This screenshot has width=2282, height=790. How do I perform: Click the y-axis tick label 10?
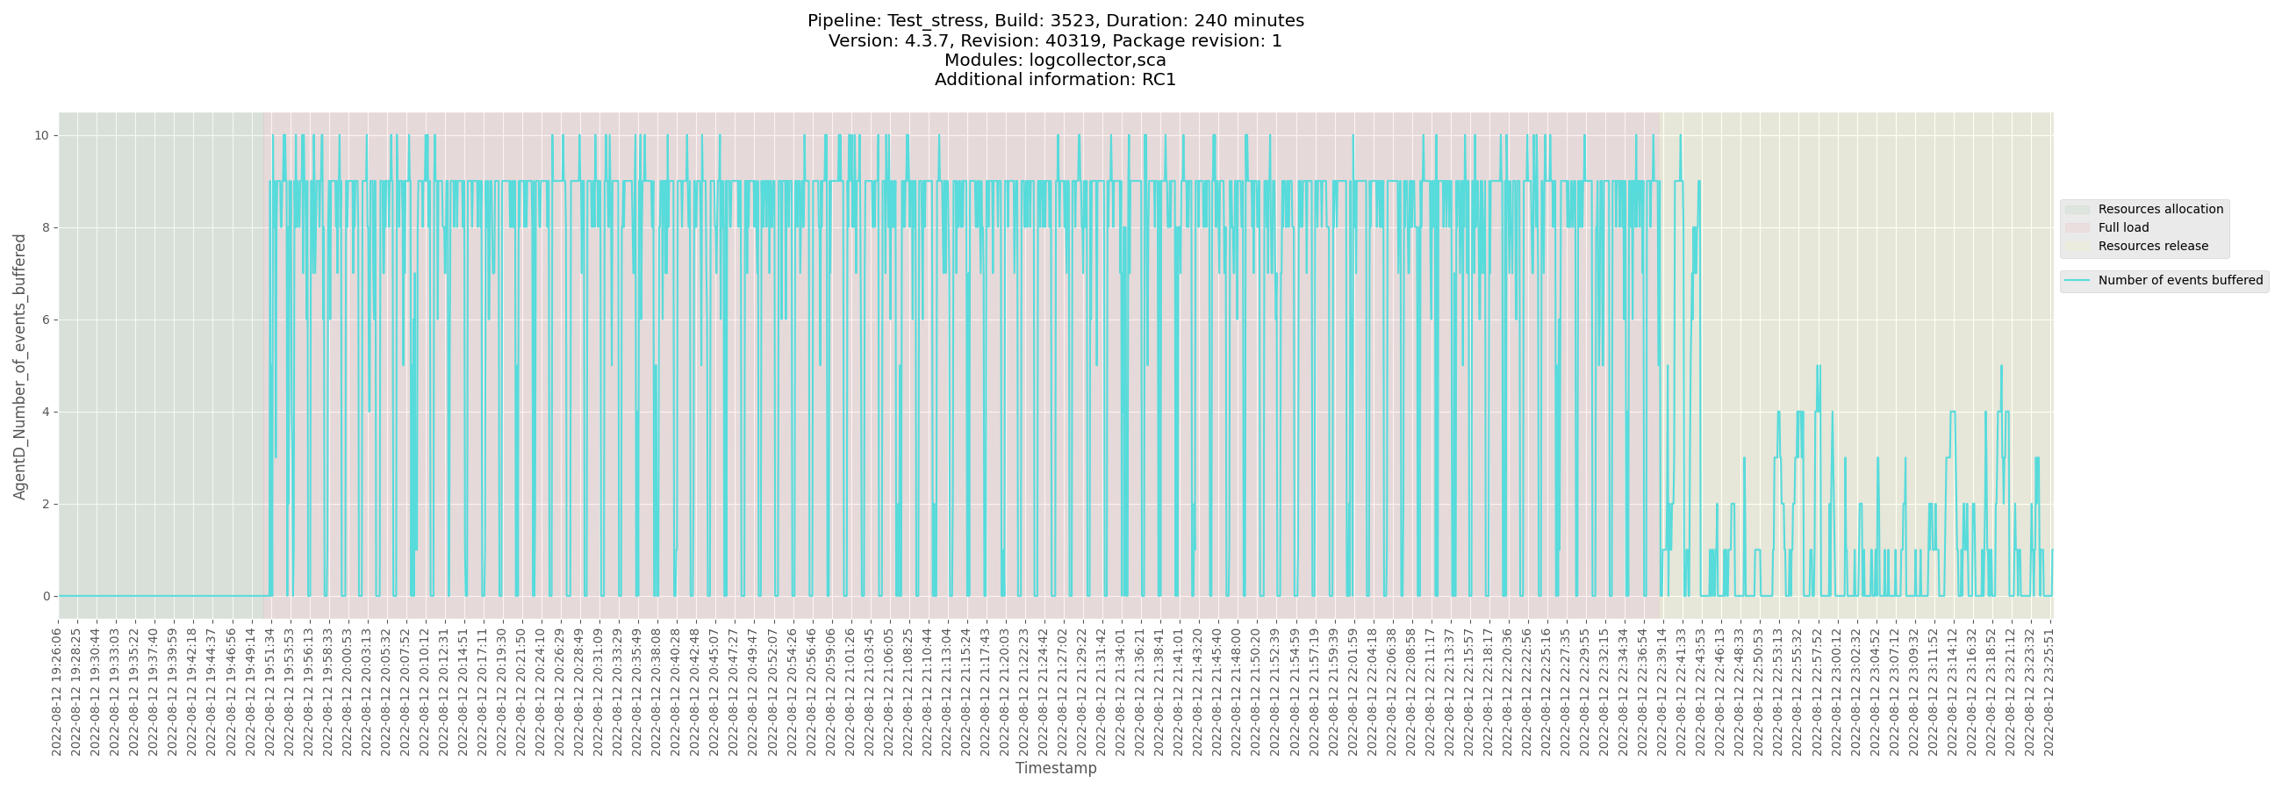coord(40,135)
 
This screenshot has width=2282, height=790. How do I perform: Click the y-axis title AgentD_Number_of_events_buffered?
coord(19,367)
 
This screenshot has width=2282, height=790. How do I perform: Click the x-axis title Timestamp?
coord(1055,768)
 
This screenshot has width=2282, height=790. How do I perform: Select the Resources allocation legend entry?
coord(2160,209)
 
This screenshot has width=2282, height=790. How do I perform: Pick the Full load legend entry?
coord(2122,227)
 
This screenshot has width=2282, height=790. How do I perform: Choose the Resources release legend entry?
coord(2153,246)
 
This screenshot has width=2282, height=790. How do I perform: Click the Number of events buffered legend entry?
coord(2180,281)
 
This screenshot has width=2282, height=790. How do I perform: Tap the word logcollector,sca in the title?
coord(1097,61)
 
